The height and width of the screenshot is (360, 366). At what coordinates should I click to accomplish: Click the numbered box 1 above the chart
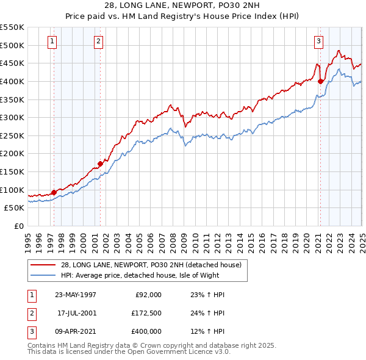[52, 41]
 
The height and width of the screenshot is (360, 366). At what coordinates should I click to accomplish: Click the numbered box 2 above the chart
[98, 41]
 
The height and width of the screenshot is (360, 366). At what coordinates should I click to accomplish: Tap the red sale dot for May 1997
[54, 192]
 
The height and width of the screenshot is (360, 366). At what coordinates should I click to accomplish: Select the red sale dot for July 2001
[101, 164]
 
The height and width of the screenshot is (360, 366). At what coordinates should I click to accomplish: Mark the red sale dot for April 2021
[321, 81]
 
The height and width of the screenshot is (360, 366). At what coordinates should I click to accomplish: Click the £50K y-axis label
[14, 207]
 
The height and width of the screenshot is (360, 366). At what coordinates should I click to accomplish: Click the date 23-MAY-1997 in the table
[71, 295]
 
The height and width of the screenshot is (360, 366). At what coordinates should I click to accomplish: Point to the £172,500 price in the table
[147, 313]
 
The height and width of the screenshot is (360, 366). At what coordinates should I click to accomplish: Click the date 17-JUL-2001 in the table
[71, 313]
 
